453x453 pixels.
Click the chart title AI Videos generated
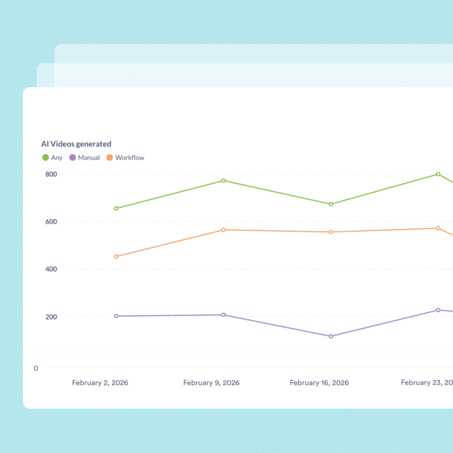[76, 144]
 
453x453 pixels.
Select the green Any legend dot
[45, 157]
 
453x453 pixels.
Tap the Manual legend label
[88, 157]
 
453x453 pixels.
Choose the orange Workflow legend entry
[126, 157]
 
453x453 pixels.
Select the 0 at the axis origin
[36, 368]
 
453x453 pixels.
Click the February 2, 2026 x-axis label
[100, 383]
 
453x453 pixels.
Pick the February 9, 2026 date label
[211, 383]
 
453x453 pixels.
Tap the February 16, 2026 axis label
[319, 383]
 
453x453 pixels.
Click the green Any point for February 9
[223, 180]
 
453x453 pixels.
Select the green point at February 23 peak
[438, 174]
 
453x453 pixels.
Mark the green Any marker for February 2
[116, 208]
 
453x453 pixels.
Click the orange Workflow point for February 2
[116, 257]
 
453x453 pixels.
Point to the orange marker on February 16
[330, 232]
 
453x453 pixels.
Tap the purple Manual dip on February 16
[330, 336]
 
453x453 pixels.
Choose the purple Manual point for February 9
[223, 315]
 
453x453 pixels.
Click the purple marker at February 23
[438, 310]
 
